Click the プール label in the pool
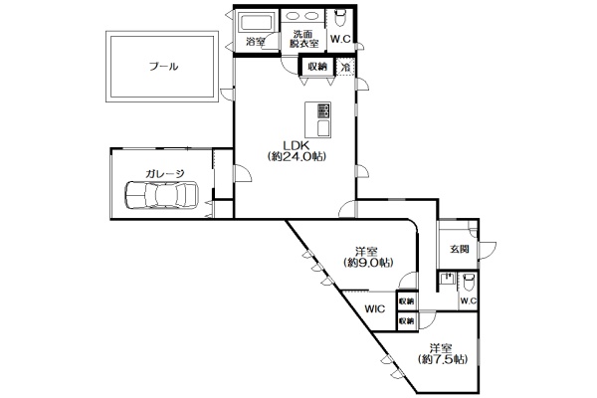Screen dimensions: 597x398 [x=164, y=67]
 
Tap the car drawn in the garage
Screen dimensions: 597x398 [x=161, y=195]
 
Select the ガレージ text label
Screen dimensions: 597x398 [x=164, y=174]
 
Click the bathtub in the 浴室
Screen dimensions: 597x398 [x=257, y=22]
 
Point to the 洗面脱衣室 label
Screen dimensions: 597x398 [x=303, y=39]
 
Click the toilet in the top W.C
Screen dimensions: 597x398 [x=339, y=17]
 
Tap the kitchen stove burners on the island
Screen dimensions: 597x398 [x=323, y=110]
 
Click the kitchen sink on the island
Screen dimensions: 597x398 [x=323, y=127]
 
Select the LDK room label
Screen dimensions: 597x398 [x=297, y=145]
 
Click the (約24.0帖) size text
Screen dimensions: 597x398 [x=297, y=156]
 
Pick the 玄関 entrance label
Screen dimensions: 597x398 [x=459, y=250]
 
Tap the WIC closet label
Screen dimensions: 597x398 [x=375, y=308]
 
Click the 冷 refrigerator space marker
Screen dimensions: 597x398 [x=345, y=68]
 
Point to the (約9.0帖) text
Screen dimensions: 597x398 [x=368, y=263]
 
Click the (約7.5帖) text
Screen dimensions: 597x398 [x=442, y=359]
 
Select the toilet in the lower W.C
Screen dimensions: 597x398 [x=469, y=282]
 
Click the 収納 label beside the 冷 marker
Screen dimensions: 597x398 [x=317, y=67]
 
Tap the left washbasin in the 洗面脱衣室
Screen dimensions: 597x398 [x=293, y=16]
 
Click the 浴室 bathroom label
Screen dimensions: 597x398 [x=256, y=42]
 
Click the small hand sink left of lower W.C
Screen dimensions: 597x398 [x=448, y=280]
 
